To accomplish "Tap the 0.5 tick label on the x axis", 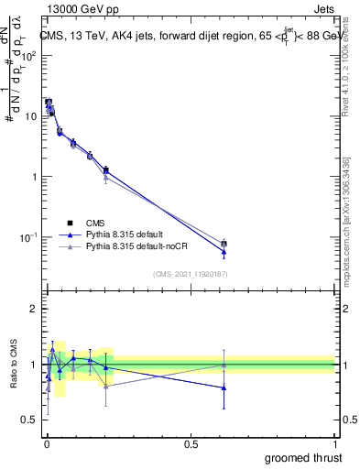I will coord(191,443).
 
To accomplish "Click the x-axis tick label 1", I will coord(335,443).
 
